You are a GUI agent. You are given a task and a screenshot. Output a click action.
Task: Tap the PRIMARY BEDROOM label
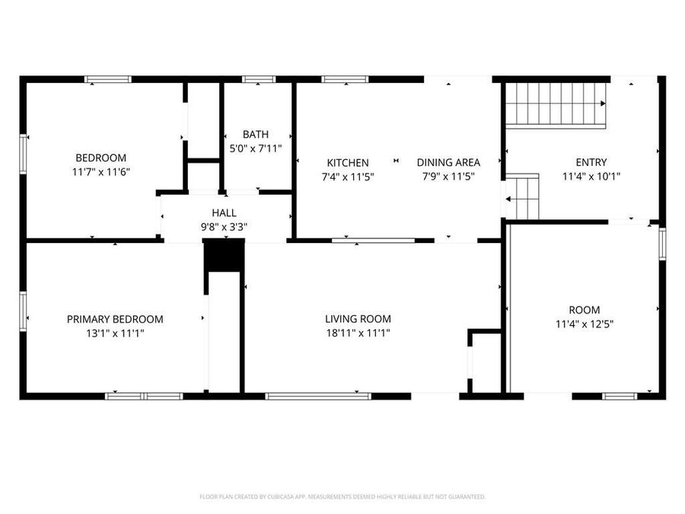115,319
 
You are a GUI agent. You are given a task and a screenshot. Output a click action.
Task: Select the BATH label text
256,135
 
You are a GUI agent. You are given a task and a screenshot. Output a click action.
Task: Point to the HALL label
224,213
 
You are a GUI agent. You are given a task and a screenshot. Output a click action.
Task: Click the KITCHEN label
348,162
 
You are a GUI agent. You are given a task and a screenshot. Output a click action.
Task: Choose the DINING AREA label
448,162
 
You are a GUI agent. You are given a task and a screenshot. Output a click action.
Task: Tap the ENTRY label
591,161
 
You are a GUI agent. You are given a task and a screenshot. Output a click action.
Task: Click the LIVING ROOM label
358,319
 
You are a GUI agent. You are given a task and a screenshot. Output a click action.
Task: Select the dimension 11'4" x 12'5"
584,324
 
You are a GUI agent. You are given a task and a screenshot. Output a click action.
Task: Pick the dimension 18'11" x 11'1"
358,332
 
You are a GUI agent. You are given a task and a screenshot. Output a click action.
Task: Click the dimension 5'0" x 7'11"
256,148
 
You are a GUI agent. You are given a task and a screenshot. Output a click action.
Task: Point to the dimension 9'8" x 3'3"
224,226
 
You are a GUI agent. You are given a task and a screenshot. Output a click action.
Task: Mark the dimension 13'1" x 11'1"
115,332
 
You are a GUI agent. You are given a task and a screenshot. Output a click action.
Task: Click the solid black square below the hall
224,255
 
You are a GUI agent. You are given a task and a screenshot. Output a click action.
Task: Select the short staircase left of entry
524,196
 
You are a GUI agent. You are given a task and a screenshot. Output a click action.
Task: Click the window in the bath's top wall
259,78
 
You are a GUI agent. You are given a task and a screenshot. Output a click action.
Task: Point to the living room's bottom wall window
318,396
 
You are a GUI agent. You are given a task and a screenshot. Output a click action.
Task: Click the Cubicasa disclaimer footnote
342,496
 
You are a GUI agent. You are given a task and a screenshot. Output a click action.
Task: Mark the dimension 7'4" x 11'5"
348,176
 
